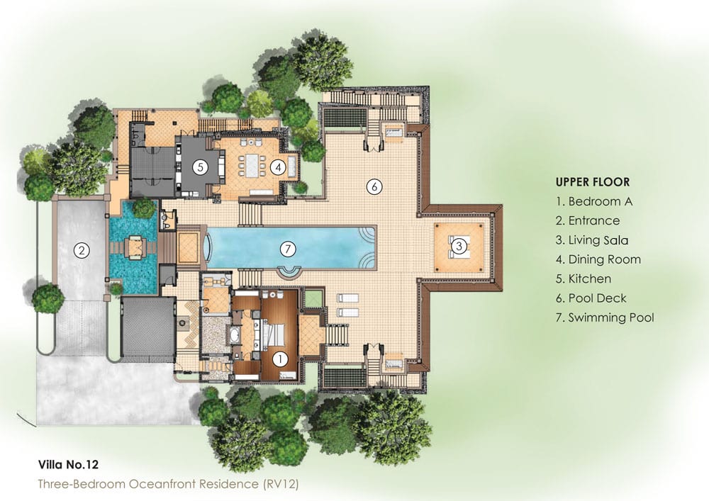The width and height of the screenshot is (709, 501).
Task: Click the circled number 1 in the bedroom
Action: tap(280, 359)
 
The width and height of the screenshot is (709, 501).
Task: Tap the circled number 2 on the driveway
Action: tap(82, 250)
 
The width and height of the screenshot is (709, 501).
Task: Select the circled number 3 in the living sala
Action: tap(459, 246)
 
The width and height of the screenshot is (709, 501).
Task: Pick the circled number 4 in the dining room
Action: tap(278, 168)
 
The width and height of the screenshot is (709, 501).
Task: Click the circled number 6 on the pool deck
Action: tap(374, 186)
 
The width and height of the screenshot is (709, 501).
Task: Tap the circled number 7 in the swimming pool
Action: tap(288, 249)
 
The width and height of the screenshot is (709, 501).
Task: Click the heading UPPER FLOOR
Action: tap(592, 182)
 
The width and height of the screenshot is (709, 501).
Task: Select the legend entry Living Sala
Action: tap(592, 240)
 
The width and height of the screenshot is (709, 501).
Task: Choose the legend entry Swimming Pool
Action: tap(605, 317)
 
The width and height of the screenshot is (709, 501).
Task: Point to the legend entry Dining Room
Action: tap(598, 259)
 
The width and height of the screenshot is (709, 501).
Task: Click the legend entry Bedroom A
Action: tap(594, 201)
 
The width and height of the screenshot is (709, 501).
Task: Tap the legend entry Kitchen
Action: tap(584, 278)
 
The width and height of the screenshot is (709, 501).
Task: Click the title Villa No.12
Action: tap(68, 464)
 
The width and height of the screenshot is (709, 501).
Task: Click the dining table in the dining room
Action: tap(250, 165)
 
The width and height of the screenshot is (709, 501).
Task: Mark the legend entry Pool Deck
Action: tap(591, 298)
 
